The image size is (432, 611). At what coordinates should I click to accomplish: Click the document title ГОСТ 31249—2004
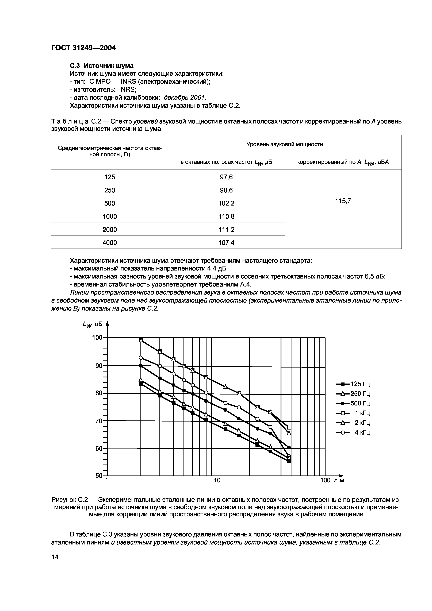(83, 48)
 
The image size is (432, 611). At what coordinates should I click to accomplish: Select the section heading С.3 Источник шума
(102, 65)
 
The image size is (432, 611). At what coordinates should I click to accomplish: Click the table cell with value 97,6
(226, 177)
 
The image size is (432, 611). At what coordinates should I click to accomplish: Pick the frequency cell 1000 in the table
(110, 216)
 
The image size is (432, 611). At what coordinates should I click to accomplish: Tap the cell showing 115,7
(343, 201)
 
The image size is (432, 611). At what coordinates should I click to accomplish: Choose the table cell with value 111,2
(226, 229)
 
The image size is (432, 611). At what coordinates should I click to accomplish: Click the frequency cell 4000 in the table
(110, 242)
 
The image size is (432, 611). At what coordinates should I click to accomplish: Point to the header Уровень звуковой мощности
(285, 144)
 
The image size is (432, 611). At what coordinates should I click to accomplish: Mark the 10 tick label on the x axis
(217, 480)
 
